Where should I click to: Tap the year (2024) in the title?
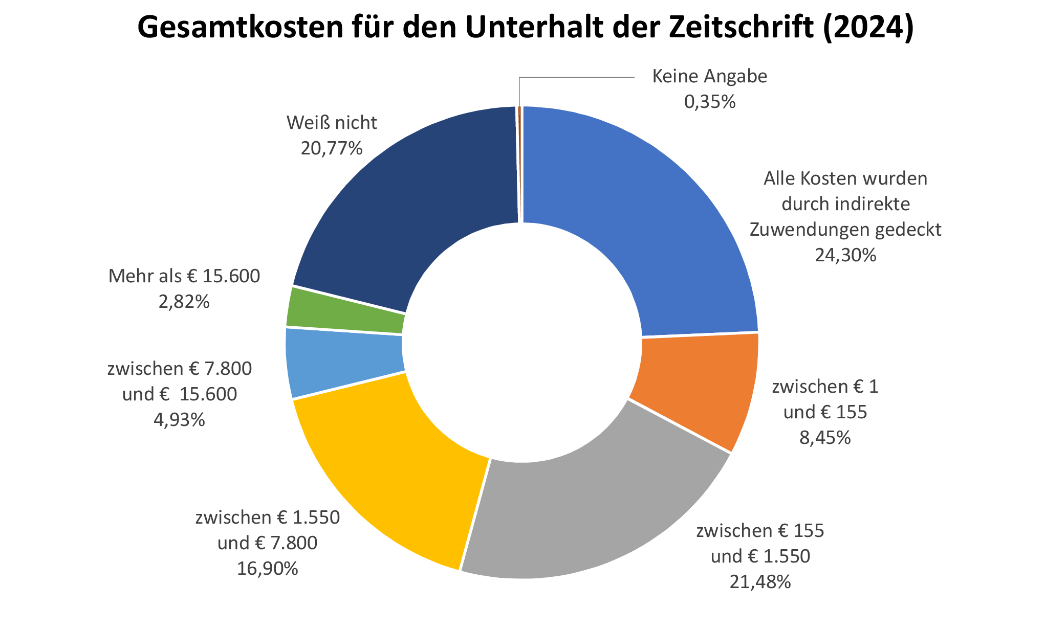point(867,28)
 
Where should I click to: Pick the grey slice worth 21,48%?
point(589,511)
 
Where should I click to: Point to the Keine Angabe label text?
point(709,76)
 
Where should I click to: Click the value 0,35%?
point(709,102)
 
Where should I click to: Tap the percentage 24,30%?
point(845,255)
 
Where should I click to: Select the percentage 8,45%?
point(825,437)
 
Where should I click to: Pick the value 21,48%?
point(760,581)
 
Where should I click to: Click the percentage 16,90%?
point(267,568)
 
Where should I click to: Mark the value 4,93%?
point(179,420)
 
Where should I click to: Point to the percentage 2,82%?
point(184,302)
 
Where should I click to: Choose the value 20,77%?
point(332,148)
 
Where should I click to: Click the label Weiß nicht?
point(332,123)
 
